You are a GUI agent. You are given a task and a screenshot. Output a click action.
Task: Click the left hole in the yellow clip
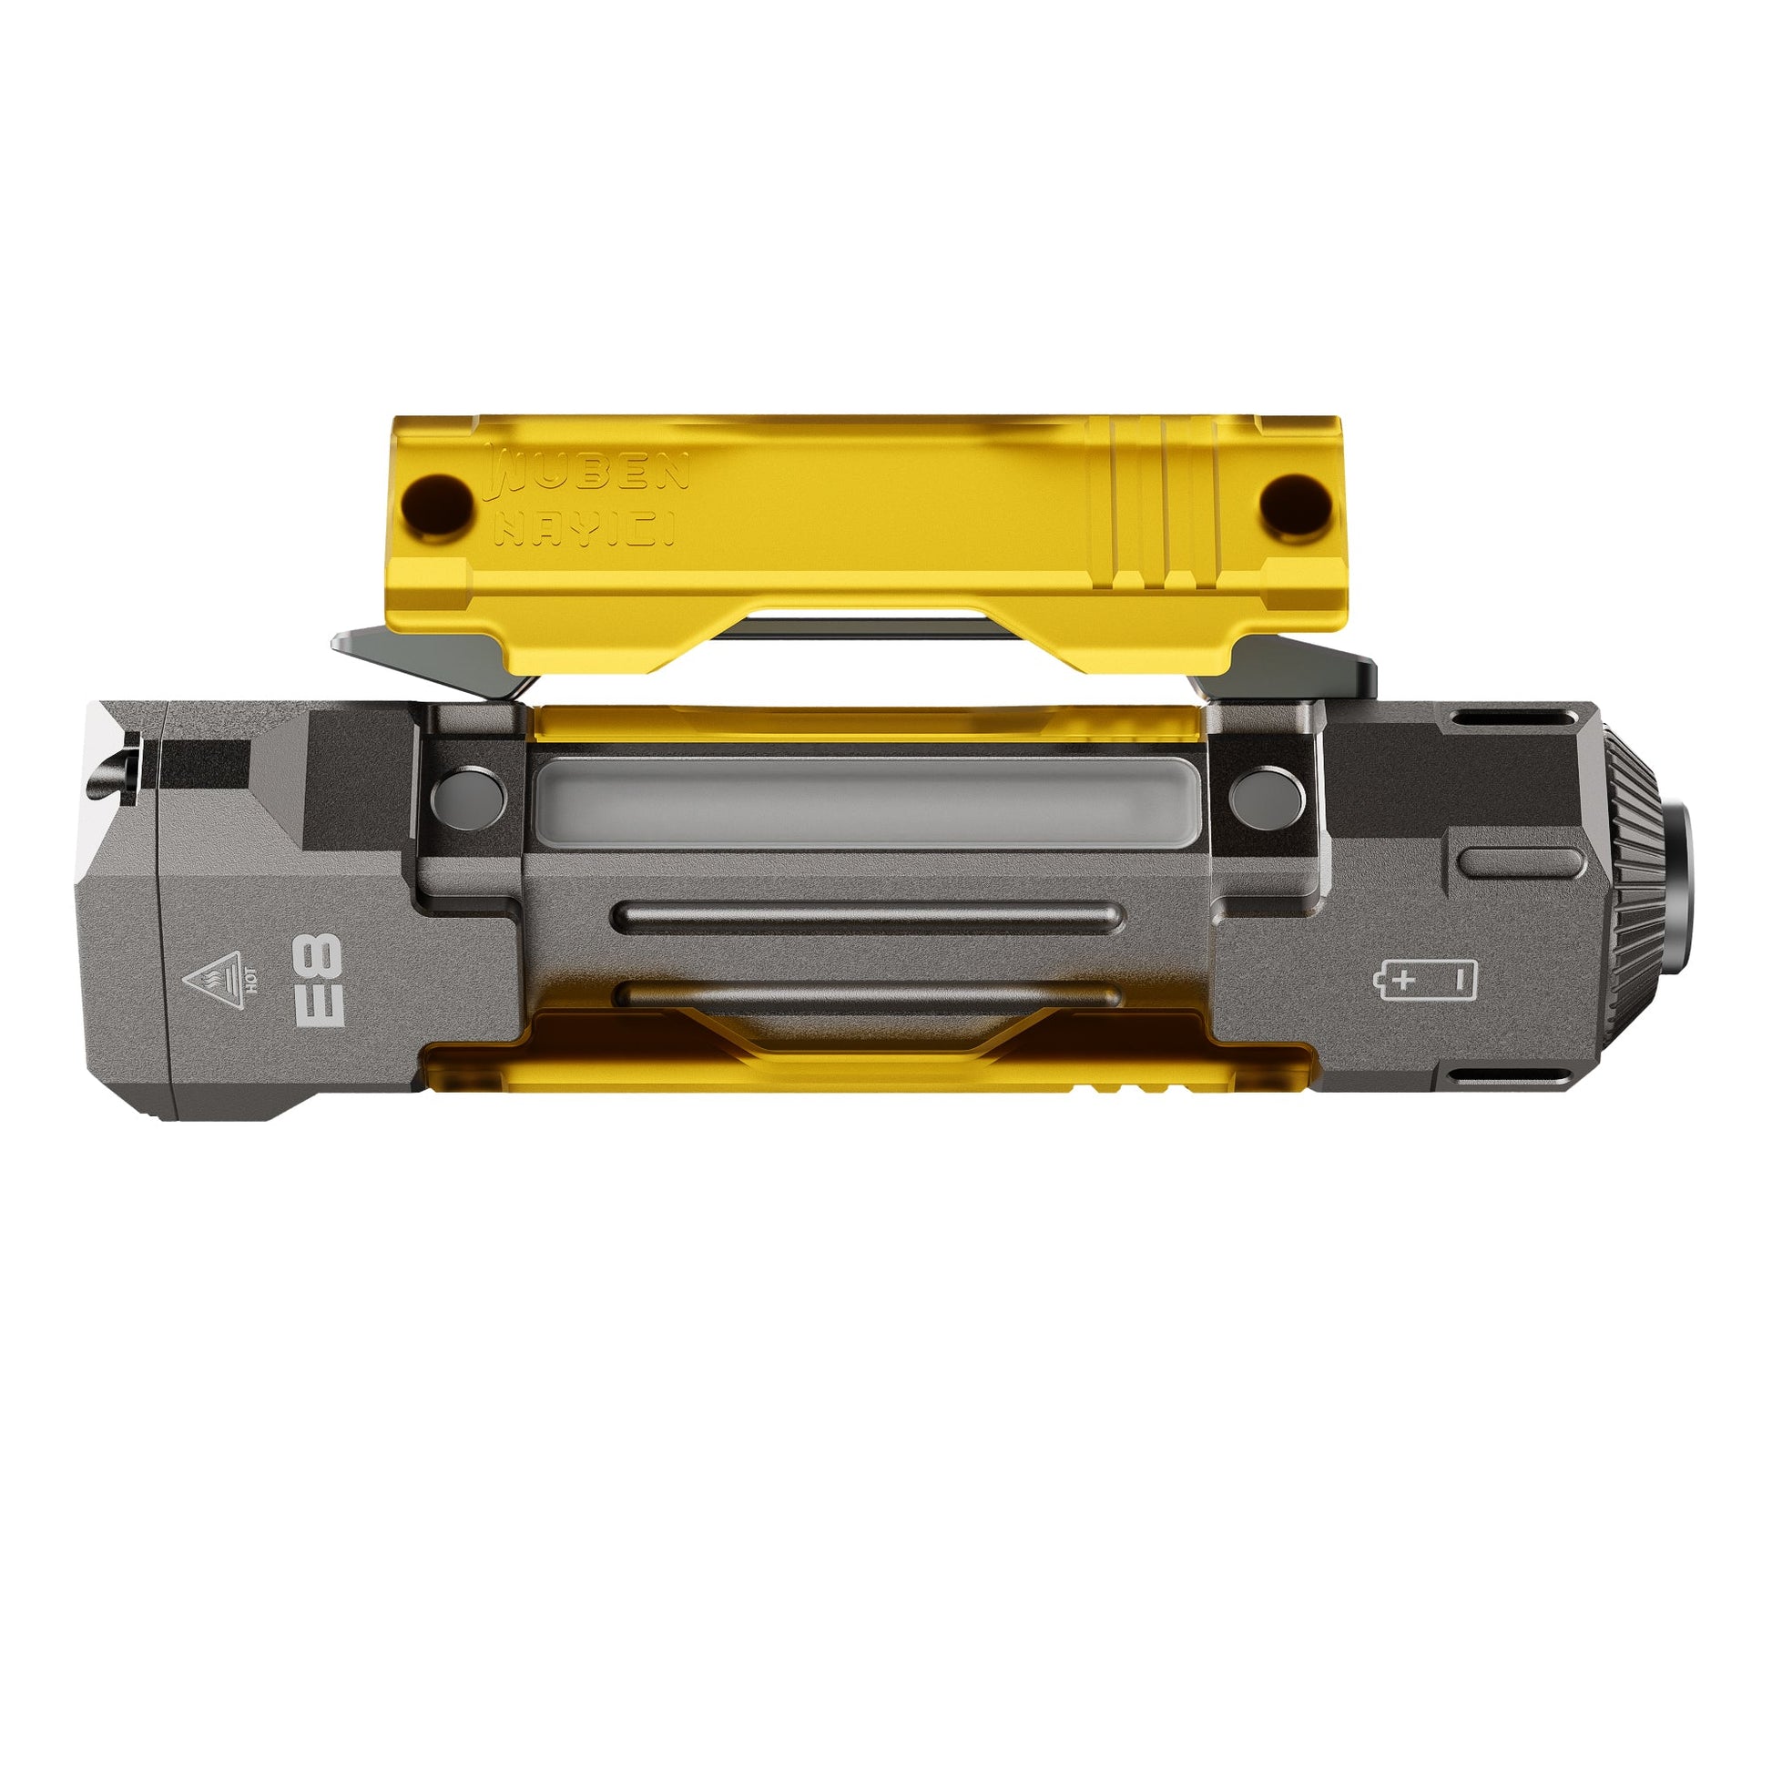click(x=438, y=504)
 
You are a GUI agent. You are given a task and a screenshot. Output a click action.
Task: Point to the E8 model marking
click(x=318, y=980)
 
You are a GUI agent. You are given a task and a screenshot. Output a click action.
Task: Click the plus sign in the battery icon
click(x=1403, y=981)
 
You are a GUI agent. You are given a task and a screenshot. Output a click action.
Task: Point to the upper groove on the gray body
click(x=868, y=915)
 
